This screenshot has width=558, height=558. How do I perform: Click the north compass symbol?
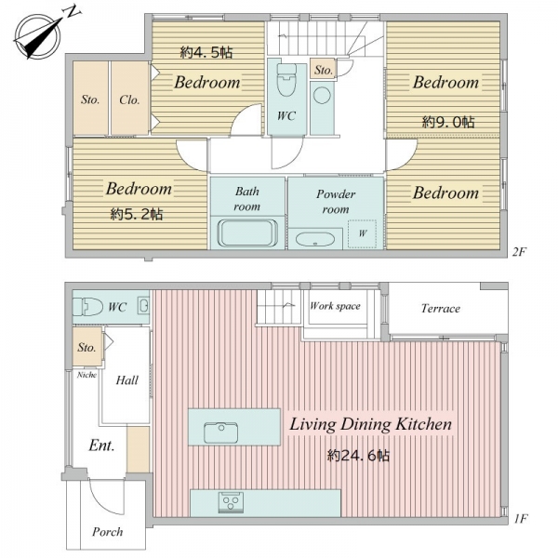tap(39, 35)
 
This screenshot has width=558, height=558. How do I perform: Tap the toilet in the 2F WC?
tap(286, 80)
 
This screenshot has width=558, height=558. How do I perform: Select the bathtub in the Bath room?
tap(247, 233)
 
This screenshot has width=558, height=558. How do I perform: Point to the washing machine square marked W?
tap(362, 233)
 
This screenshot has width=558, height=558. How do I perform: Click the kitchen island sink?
tap(220, 432)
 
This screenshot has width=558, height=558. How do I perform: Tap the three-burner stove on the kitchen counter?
tap(231, 502)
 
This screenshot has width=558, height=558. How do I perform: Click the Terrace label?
tap(441, 308)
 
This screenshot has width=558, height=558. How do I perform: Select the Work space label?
tap(335, 306)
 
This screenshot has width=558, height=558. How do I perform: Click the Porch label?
tap(108, 532)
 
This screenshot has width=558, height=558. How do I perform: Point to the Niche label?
tap(86, 375)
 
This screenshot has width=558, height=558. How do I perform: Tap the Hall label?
tap(127, 380)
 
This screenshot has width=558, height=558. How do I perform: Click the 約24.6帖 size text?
tap(358, 456)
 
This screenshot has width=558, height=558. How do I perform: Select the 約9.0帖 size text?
tap(448, 123)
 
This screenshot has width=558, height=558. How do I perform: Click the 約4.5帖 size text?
tap(206, 53)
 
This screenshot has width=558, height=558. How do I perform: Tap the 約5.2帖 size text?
tap(137, 214)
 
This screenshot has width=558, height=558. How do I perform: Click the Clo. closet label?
tap(129, 100)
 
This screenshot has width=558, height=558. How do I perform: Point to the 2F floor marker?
tap(519, 252)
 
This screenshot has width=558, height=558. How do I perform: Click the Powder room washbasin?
tap(315, 240)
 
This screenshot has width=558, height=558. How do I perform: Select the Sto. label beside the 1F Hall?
tap(86, 347)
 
